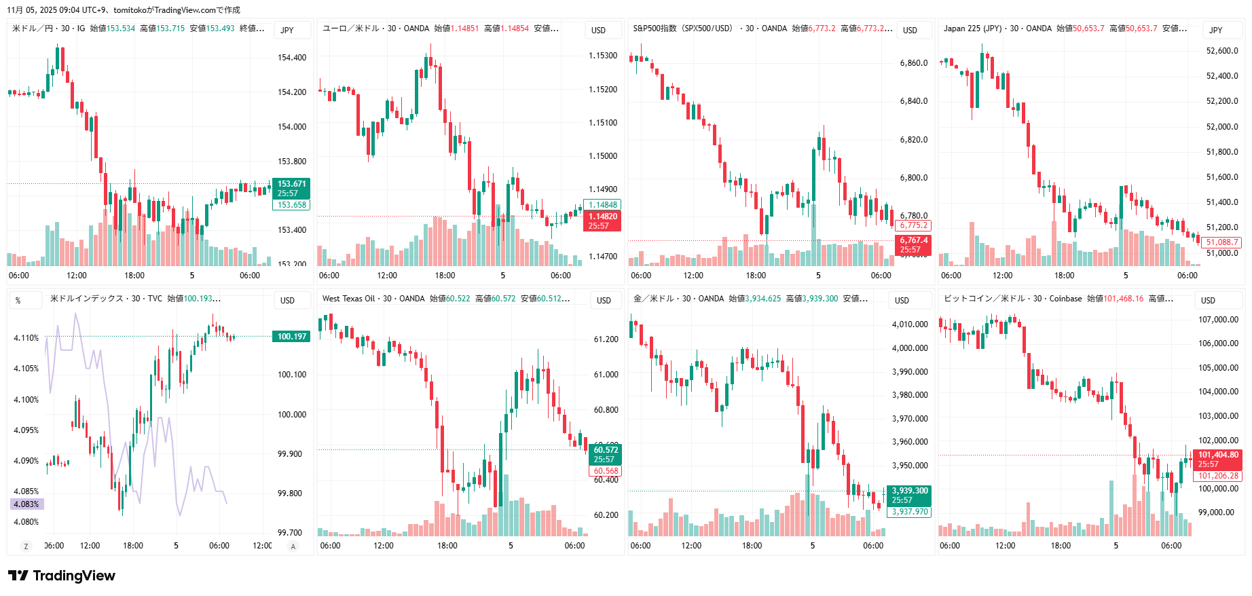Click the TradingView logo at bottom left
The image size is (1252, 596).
(x=62, y=576)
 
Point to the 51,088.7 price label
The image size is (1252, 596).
(x=1222, y=242)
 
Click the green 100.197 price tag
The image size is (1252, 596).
(x=292, y=337)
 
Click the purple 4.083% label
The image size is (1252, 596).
(x=26, y=504)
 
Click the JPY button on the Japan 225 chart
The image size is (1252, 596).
(x=1216, y=30)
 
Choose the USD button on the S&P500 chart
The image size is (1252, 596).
(x=910, y=30)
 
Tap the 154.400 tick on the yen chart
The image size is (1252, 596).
(x=292, y=58)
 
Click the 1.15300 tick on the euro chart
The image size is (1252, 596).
(x=603, y=56)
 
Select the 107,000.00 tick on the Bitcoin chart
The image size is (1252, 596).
(x=1218, y=320)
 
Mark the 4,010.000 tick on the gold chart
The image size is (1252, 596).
(x=910, y=324)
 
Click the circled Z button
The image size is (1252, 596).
(x=26, y=546)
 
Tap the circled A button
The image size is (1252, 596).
(x=293, y=546)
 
